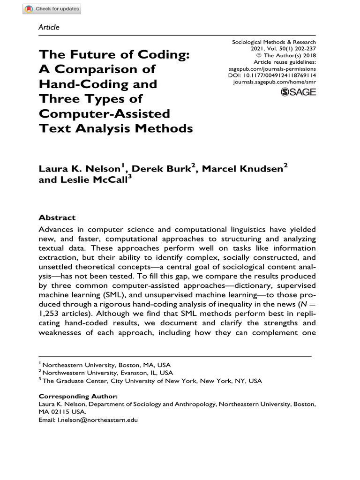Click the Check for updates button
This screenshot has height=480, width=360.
52,9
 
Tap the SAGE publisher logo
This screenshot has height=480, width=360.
298,92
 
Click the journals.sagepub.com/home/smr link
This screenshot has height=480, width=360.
274,82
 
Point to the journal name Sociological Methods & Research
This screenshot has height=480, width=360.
274,42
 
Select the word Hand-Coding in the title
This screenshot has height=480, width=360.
97,84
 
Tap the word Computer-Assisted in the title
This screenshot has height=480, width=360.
104,113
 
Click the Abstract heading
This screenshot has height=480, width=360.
57,217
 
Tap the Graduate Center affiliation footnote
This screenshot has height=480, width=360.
152,381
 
